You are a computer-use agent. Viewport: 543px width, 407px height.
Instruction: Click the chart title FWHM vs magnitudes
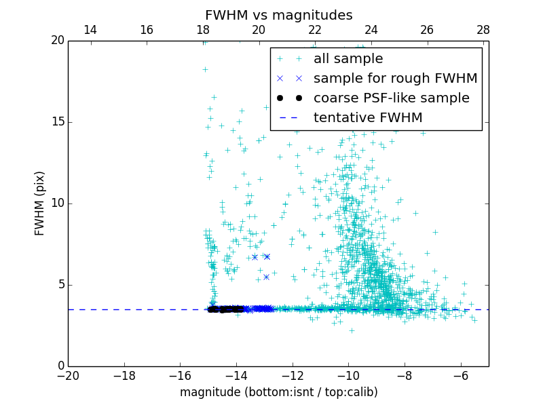click(x=278, y=15)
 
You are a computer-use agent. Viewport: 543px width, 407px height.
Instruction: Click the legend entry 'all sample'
click(x=348, y=59)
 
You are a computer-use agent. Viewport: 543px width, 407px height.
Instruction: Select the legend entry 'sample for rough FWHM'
click(x=395, y=79)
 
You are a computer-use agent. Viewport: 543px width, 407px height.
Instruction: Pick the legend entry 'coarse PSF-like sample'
click(x=391, y=98)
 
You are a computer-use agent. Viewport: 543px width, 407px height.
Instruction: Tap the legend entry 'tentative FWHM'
click(x=368, y=118)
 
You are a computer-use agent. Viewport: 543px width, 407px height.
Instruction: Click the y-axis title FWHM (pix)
click(x=40, y=203)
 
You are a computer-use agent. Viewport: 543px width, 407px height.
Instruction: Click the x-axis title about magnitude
click(x=278, y=392)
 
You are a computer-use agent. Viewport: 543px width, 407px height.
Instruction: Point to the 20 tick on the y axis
click(x=56, y=41)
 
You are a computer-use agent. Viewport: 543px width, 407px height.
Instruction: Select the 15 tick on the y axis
click(x=56, y=122)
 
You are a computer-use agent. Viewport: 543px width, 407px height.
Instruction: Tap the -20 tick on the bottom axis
click(x=68, y=376)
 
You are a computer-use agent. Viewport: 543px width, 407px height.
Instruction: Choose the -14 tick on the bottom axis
click(x=236, y=376)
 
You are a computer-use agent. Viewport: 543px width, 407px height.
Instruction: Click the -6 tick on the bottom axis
click(x=461, y=376)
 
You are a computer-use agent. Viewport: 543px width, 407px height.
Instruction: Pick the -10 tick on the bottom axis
click(x=348, y=376)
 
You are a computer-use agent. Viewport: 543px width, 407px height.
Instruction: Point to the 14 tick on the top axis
click(x=90, y=30)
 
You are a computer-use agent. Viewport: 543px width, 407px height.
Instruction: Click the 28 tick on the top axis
click(x=483, y=30)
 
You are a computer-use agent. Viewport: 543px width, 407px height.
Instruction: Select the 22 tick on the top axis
click(x=315, y=30)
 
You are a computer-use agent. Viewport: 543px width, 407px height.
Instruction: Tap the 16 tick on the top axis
click(x=146, y=30)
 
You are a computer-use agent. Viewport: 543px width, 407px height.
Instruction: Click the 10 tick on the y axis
click(x=56, y=203)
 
